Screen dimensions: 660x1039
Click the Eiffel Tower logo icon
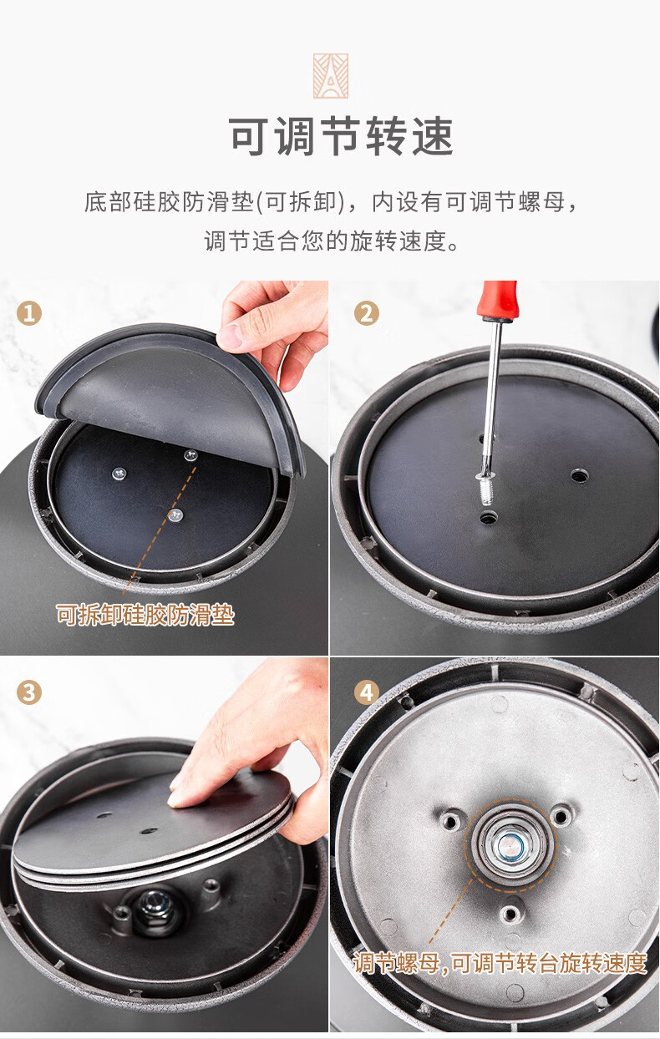pyautogui.click(x=330, y=76)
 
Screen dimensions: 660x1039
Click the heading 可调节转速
pyautogui.click(x=341, y=137)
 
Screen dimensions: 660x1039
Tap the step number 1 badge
pyautogui.click(x=29, y=313)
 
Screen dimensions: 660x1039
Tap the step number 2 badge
pyautogui.click(x=367, y=313)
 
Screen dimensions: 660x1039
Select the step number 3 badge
pyautogui.click(x=29, y=693)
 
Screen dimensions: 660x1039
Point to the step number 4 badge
pyautogui.click(x=367, y=693)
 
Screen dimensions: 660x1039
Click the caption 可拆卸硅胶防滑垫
pyautogui.click(x=145, y=615)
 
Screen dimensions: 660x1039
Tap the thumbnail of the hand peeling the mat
pyautogui.click(x=165, y=468)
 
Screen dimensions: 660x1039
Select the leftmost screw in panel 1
pyautogui.click(x=119, y=473)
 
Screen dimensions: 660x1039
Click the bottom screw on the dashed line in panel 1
pyautogui.click(x=175, y=514)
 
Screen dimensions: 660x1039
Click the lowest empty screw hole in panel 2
pyautogui.click(x=487, y=517)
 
